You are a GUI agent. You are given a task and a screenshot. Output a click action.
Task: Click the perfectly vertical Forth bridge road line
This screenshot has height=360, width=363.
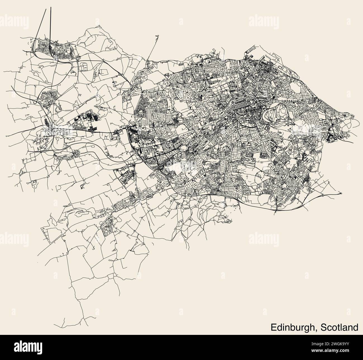pos(51,20)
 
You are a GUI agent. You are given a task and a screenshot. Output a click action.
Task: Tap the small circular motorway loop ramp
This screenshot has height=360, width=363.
pos(35,102)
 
